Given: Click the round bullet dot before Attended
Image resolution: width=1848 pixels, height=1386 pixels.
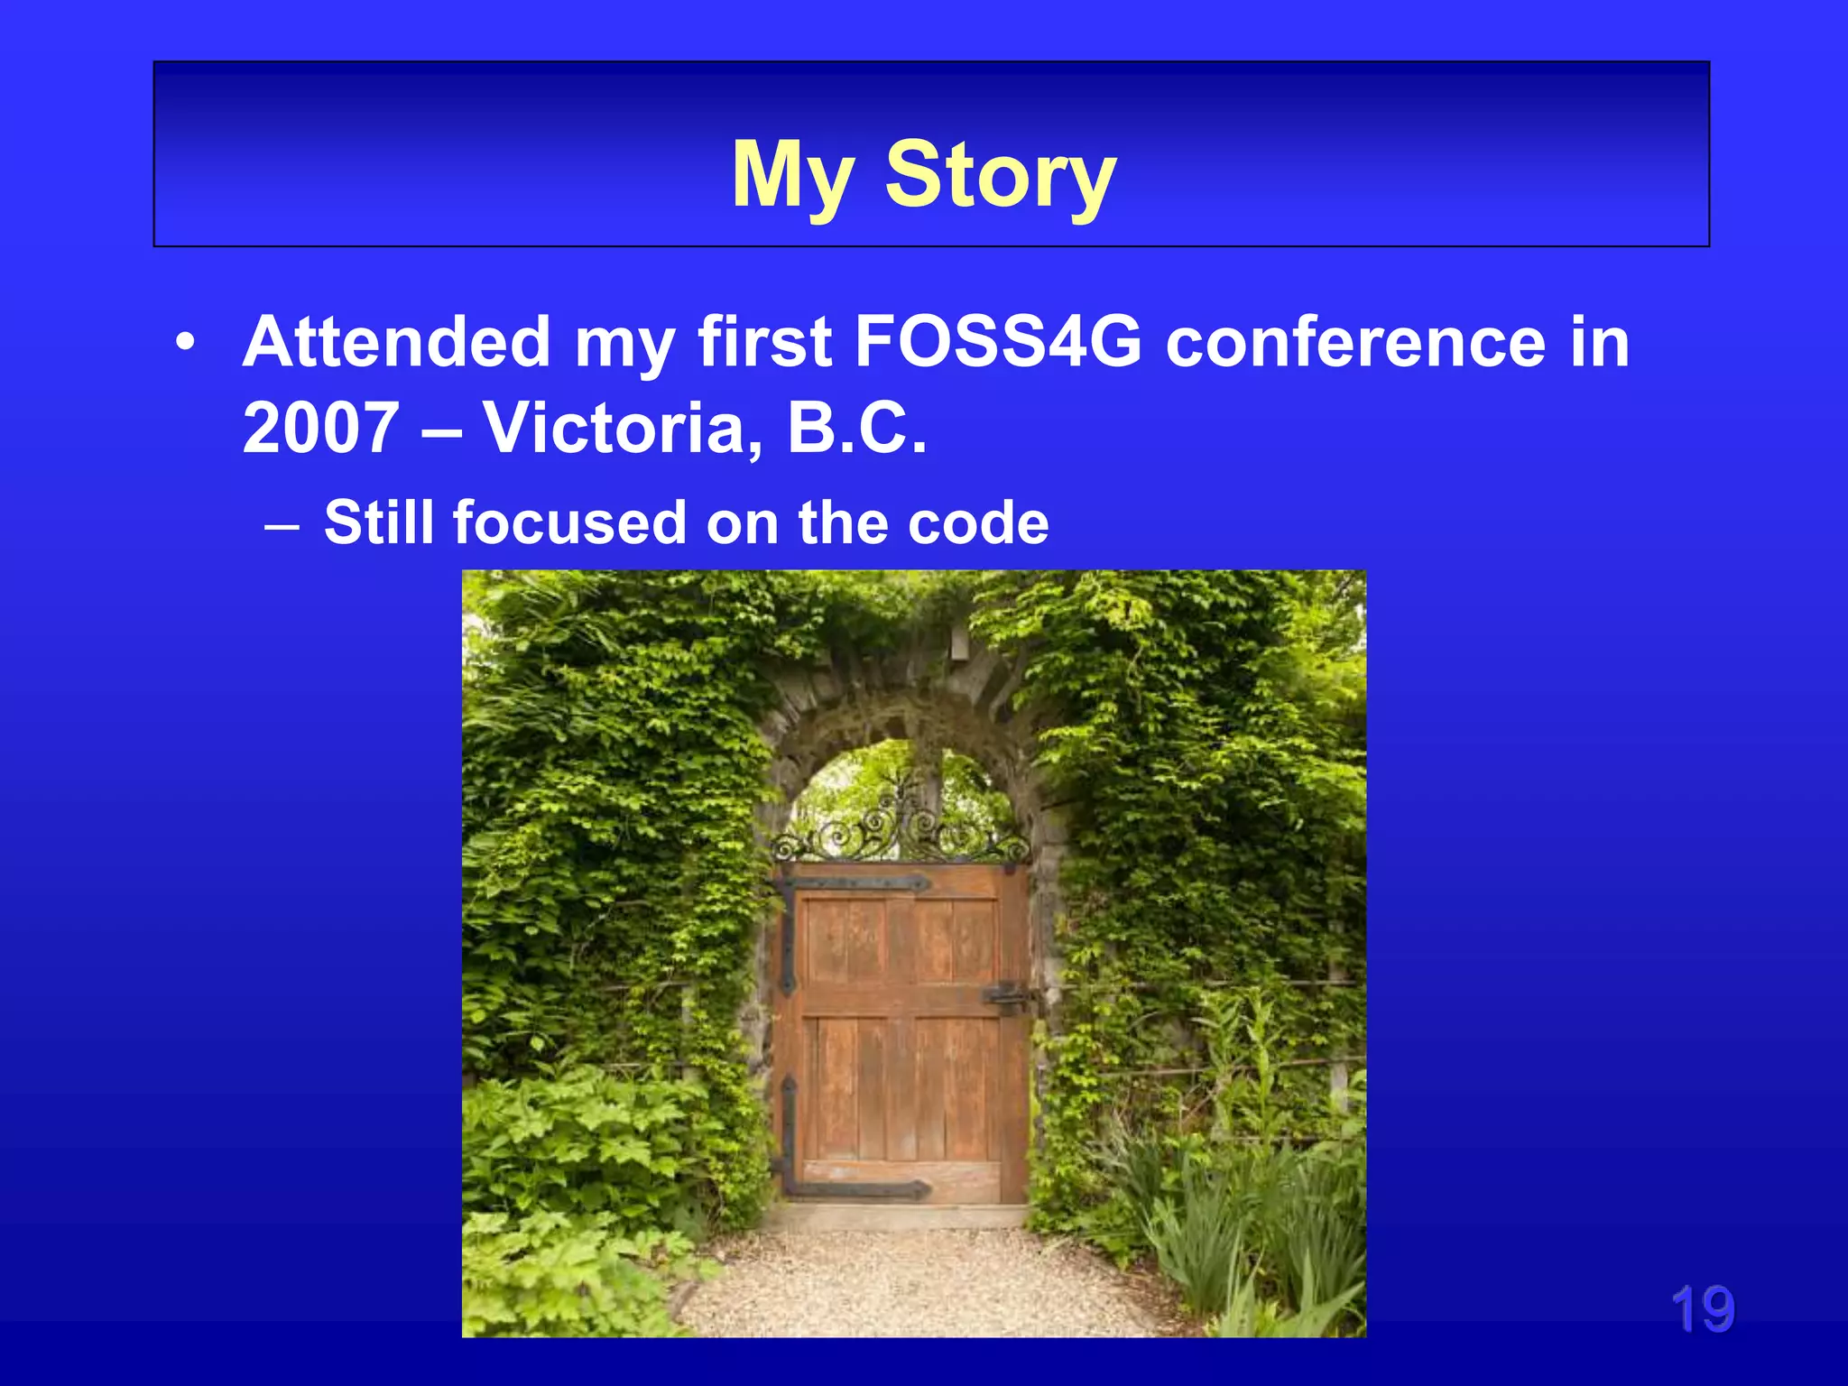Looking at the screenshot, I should tap(186, 344).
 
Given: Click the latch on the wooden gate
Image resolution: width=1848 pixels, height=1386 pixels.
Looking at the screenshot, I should tap(1008, 997).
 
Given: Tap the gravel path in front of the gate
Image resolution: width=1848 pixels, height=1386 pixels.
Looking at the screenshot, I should tap(911, 1281).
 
